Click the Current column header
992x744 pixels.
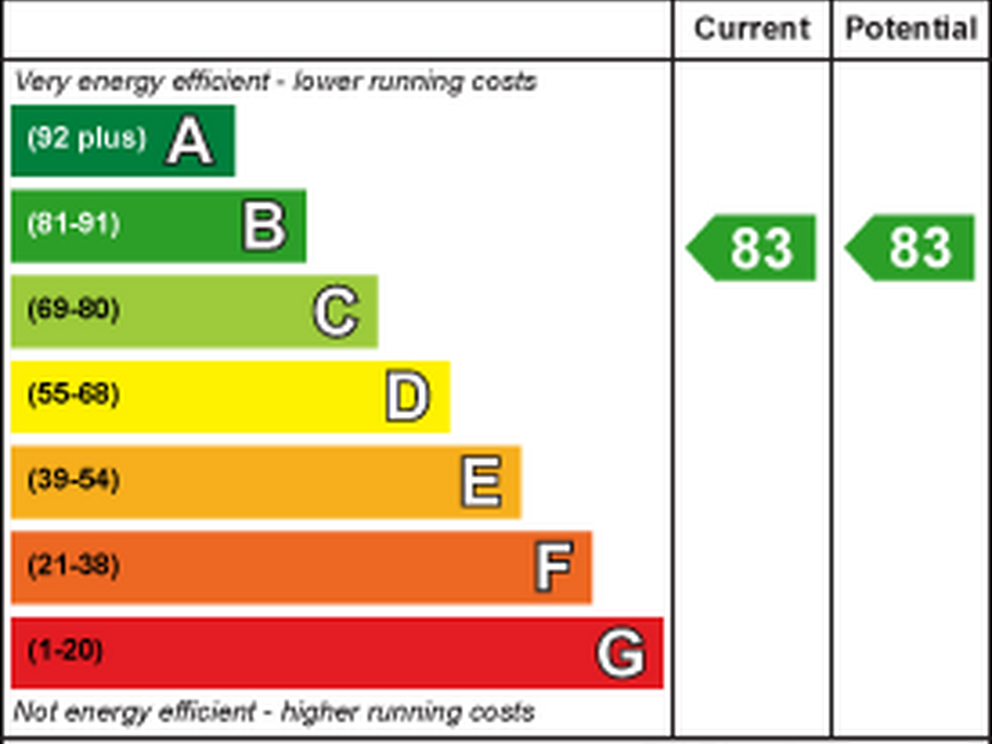click(752, 29)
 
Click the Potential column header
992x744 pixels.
click(911, 29)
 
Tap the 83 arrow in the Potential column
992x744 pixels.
click(912, 248)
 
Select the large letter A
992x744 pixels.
click(190, 141)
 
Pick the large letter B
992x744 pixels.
click(265, 226)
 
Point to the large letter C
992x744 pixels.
click(336, 311)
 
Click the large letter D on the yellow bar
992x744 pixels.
click(407, 396)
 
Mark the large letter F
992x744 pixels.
click(553, 566)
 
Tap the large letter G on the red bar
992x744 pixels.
click(621, 653)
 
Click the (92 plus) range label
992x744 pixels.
click(87, 138)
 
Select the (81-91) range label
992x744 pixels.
click(74, 224)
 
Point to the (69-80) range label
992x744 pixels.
click(74, 309)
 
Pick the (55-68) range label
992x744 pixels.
click(74, 395)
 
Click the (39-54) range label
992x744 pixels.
click(74, 479)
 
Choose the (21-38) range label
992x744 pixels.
click(74, 565)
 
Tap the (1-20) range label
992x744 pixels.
click(66, 651)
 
